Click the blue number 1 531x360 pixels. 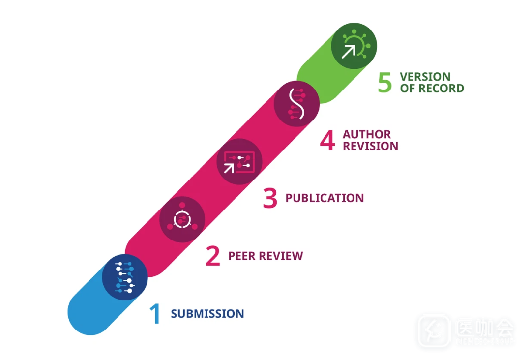(155, 314)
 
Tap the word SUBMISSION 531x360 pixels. (207, 314)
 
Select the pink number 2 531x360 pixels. (212, 256)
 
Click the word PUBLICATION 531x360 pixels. (324, 198)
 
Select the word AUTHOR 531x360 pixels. (367, 134)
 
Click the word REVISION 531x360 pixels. (370, 146)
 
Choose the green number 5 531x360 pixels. (385, 83)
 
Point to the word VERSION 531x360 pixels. (425, 77)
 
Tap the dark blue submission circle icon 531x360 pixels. (125, 277)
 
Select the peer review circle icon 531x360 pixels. (182, 219)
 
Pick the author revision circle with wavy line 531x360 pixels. (296, 104)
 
